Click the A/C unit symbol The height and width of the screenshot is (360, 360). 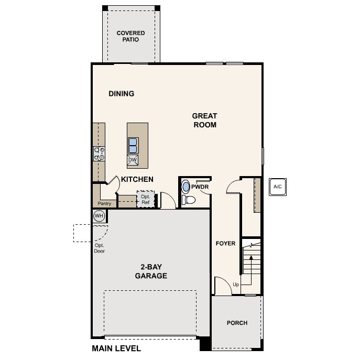click(x=278, y=187)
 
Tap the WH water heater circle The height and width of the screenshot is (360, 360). click(x=99, y=216)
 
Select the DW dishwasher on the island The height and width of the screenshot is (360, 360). click(x=133, y=160)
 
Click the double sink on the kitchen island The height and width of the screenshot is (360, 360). click(x=133, y=146)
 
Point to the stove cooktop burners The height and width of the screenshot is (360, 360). click(x=99, y=154)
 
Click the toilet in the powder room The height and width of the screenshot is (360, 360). click(x=188, y=200)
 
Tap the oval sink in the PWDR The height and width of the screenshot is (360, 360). click(x=186, y=187)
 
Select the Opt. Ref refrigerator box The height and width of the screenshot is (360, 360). click(x=146, y=199)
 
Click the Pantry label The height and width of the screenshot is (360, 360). click(x=104, y=203)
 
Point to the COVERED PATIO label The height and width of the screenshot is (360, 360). click(x=130, y=36)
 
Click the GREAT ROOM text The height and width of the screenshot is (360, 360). click(x=204, y=121)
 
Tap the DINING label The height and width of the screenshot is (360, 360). click(x=122, y=94)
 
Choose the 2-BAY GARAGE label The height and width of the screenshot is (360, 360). click(x=151, y=271)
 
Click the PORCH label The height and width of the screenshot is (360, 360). click(x=237, y=323)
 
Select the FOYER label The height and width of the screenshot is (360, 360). click(x=225, y=243)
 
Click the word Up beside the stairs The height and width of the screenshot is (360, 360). click(x=236, y=285)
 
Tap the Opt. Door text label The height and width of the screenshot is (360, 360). click(x=100, y=248)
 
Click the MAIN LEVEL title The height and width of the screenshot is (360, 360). click(x=116, y=348)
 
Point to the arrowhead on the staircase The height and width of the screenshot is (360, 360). click(x=251, y=258)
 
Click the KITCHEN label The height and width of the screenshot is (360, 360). click(x=137, y=179)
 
